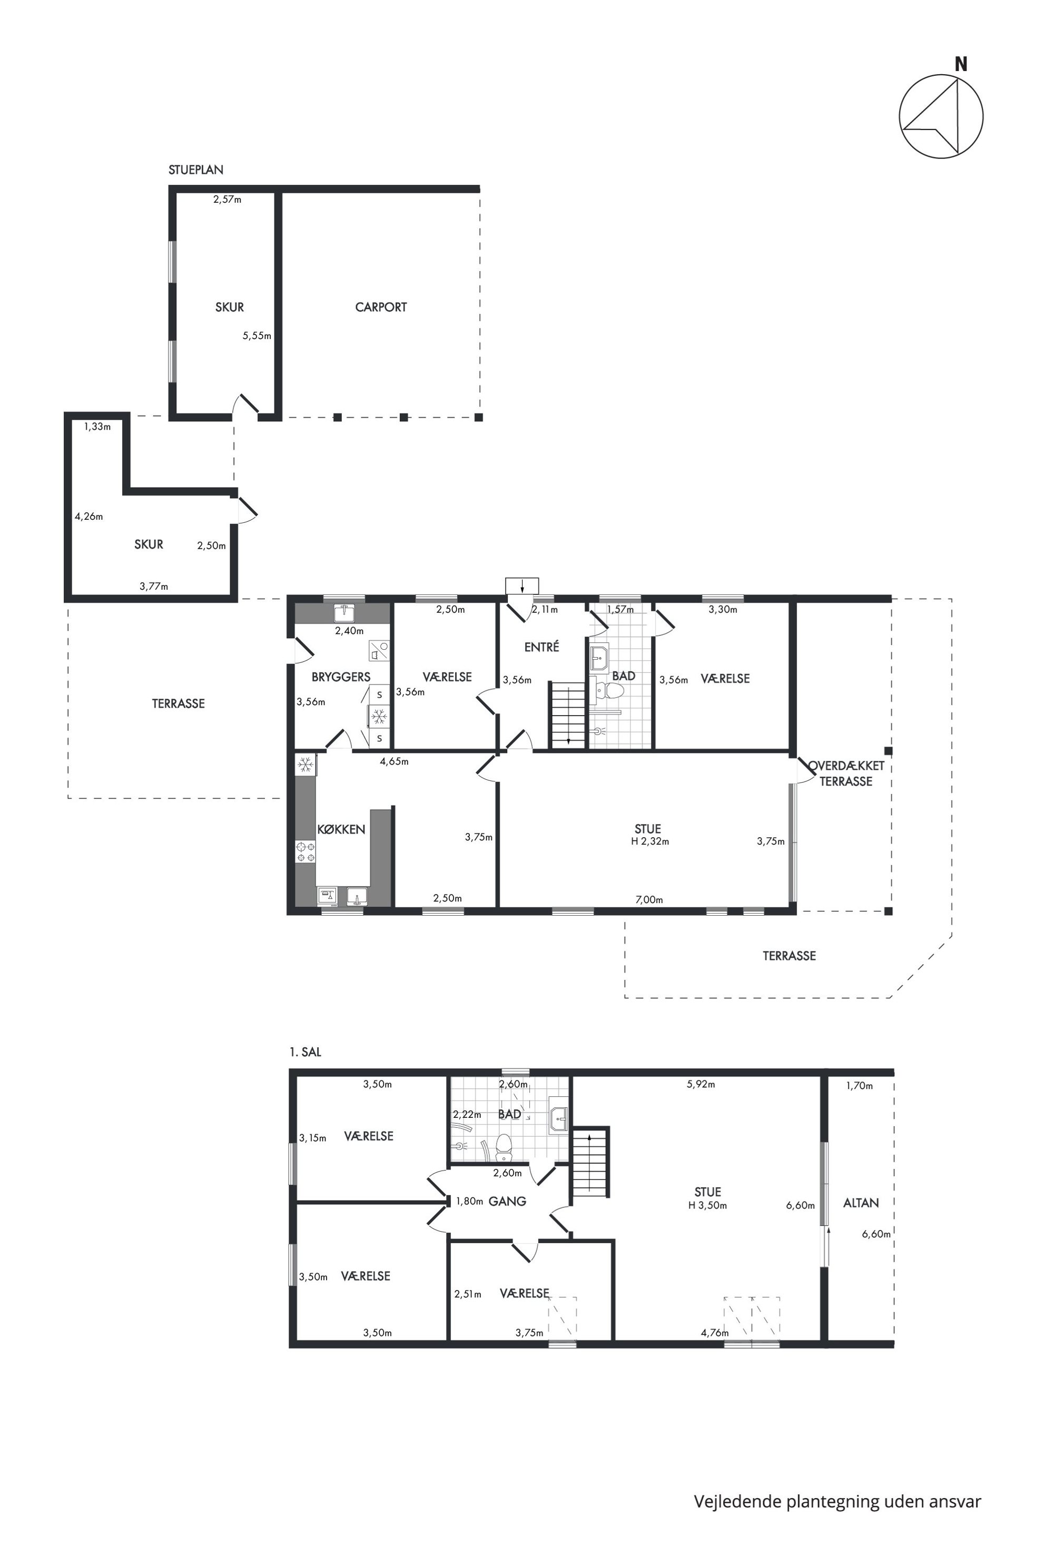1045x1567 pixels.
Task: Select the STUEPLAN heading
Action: (196, 170)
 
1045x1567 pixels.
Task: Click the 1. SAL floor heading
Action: (305, 1052)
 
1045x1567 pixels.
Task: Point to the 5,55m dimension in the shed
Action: (257, 336)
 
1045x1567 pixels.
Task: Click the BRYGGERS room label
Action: (341, 677)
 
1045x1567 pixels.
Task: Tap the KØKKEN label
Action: (341, 829)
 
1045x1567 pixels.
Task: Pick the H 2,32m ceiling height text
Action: (650, 841)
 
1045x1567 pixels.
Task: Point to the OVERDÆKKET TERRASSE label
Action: (846, 773)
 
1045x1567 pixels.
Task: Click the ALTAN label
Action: (861, 1203)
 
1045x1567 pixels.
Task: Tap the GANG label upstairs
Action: (507, 1201)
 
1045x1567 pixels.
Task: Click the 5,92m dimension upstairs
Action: (701, 1084)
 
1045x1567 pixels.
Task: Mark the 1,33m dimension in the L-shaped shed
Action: (97, 427)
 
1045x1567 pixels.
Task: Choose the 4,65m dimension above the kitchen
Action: (394, 761)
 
